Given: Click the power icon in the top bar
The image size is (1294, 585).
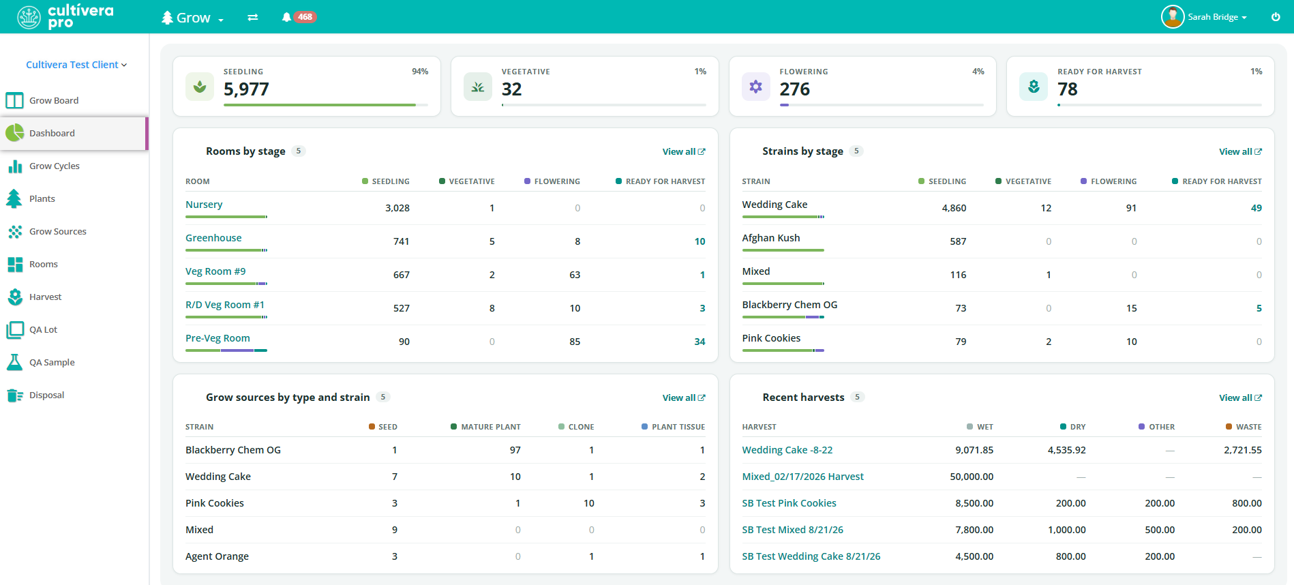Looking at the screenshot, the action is click(x=1276, y=17).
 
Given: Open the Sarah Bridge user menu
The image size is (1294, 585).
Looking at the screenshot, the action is click(x=1205, y=17).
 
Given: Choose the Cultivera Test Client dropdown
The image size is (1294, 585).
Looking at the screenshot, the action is click(x=76, y=65).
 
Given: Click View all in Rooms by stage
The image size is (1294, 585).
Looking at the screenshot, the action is click(x=684, y=151).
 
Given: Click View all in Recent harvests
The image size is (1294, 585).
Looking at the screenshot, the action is click(x=1240, y=397).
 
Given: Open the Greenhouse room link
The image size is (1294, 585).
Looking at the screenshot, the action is click(x=213, y=238).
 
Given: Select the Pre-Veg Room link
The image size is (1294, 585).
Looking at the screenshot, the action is click(x=217, y=338).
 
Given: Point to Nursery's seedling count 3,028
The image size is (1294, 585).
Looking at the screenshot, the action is click(x=397, y=208).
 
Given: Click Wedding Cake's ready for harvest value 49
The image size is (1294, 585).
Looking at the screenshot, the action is click(x=1257, y=208).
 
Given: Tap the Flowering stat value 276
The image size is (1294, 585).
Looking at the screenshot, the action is click(x=795, y=89).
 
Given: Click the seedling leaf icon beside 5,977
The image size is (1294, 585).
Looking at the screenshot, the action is click(x=200, y=87).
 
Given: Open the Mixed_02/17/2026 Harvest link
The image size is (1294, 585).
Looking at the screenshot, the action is click(x=802, y=477).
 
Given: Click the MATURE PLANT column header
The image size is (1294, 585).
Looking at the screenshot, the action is click(x=491, y=427).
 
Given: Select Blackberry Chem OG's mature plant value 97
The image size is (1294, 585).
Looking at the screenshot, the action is click(x=515, y=450).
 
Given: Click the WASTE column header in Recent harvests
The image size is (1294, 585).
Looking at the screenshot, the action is click(x=1248, y=427).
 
